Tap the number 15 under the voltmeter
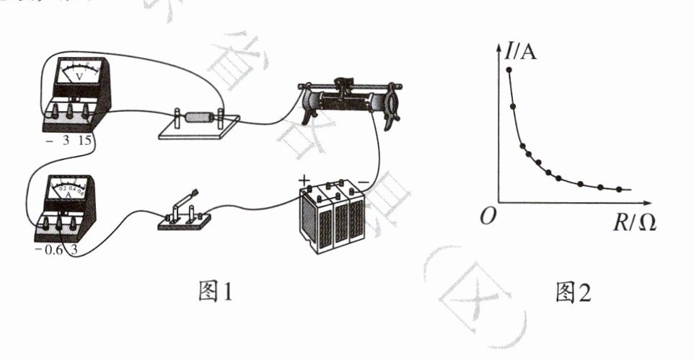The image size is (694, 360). (x=84, y=141)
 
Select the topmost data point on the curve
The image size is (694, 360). (x=509, y=69)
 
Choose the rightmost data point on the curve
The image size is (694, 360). (x=619, y=189)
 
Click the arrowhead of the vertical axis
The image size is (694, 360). (x=499, y=48)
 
